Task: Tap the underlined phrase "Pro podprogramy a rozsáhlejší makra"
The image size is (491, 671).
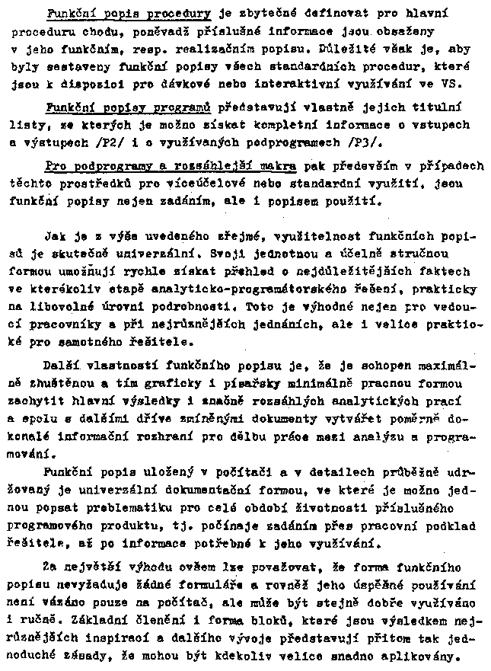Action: (x=171, y=165)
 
